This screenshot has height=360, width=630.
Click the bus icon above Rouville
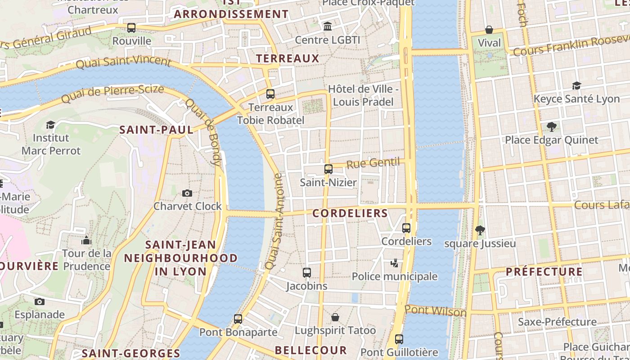(131, 28)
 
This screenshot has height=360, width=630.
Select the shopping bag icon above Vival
(489, 30)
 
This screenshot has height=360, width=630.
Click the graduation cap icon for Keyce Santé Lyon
(576, 85)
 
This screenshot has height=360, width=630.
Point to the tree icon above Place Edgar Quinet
(551, 127)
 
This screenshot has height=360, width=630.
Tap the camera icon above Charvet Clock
(187, 193)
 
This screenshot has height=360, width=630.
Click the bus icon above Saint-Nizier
(328, 169)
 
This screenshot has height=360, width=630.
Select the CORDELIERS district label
(350, 213)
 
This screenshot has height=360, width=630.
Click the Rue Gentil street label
(373, 163)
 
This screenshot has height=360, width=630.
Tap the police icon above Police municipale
(395, 263)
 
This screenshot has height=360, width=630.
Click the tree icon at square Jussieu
(480, 230)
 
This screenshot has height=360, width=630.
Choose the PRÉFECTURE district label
(544, 272)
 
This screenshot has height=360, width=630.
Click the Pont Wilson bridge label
(435, 310)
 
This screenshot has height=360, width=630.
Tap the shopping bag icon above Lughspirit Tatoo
(335, 317)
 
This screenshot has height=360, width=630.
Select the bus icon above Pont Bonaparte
(238, 319)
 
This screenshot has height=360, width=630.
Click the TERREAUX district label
(288, 58)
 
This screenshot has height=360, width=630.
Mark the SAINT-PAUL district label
(156, 130)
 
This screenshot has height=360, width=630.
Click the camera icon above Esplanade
(40, 301)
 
